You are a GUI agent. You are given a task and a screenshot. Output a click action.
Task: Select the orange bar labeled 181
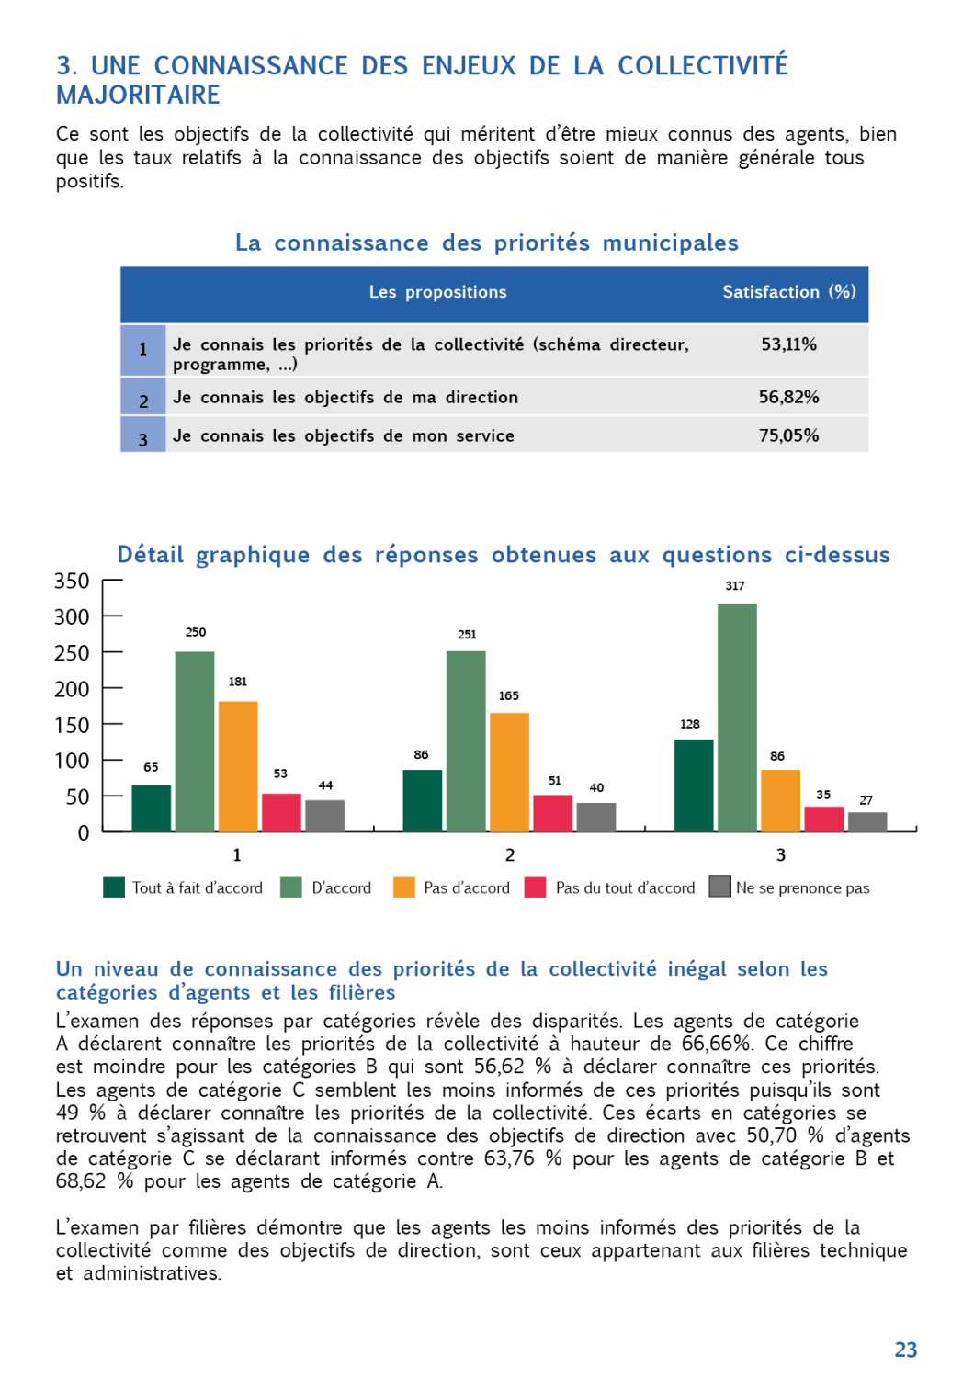point(238,766)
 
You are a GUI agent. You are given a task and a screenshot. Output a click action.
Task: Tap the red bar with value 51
point(552,813)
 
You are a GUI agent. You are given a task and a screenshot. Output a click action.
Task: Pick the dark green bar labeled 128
point(694,785)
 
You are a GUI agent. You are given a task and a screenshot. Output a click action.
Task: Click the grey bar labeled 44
point(325,816)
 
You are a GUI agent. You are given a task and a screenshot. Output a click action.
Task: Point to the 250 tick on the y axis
point(72,653)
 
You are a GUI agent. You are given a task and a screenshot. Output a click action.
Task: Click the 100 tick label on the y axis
point(72,761)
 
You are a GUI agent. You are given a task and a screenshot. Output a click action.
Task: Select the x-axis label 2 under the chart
point(510,855)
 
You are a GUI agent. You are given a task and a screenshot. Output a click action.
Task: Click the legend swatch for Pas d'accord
point(404,887)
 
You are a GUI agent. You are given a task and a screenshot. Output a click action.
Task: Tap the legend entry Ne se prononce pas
point(802,888)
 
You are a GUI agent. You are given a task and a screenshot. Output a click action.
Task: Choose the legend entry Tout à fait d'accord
point(197,888)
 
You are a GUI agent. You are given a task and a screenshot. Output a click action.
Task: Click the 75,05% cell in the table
point(788,435)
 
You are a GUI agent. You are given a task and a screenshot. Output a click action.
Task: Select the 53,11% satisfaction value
point(788,344)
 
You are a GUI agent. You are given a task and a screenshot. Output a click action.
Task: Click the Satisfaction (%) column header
point(788,292)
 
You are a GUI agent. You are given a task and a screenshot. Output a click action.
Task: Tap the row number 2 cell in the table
point(143,401)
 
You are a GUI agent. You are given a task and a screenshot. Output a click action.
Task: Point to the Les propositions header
point(437,292)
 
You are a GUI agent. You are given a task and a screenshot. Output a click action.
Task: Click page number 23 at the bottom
point(906,1350)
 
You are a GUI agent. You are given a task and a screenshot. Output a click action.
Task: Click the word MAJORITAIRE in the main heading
point(139,96)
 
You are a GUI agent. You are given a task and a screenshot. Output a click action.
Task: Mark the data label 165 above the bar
point(509,696)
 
